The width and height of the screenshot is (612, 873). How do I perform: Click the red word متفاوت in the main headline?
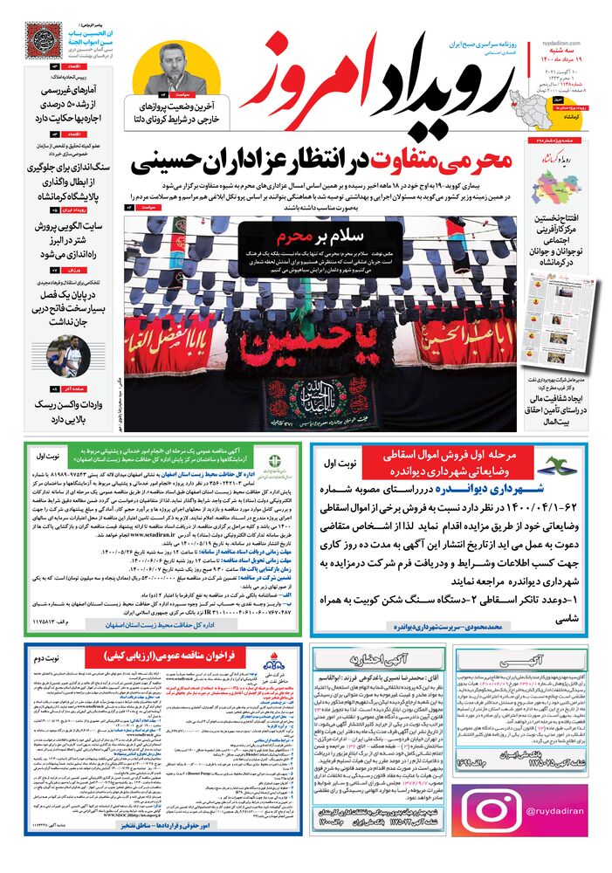pos(346,163)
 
